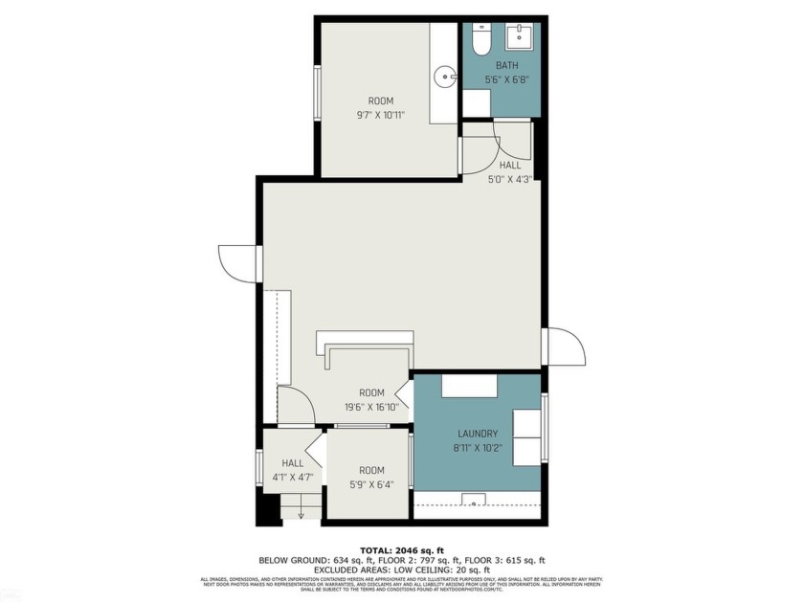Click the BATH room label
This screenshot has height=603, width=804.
coord(506,65)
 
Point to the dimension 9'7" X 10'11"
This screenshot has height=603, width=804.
coord(381,116)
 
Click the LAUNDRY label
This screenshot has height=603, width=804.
coord(478,434)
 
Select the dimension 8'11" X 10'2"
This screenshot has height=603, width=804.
coord(478,447)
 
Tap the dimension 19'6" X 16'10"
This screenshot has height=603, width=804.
coord(371,407)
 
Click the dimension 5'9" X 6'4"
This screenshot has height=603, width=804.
coord(371,484)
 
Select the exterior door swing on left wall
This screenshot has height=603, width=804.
coord(236,263)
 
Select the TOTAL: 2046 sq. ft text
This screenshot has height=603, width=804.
coord(401,551)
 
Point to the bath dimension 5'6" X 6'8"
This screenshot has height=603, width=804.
coord(506,79)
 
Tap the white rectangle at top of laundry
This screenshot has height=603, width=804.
coord(469,386)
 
